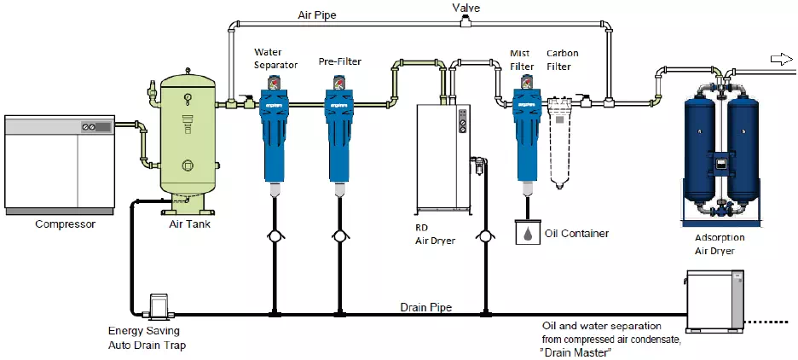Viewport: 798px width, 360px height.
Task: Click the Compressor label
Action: (x=65, y=224)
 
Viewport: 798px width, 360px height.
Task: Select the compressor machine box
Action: (x=60, y=163)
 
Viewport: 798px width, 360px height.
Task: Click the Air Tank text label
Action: (x=186, y=224)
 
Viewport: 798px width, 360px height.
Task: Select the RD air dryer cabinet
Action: (x=442, y=159)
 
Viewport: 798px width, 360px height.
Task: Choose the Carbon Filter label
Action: (x=563, y=59)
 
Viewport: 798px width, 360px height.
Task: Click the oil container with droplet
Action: (x=529, y=233)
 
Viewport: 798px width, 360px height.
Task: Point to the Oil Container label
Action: (x=575, y=233)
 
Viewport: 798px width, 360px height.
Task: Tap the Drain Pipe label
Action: (x=426, y=307)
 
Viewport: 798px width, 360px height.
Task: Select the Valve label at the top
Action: (x=466, y=7)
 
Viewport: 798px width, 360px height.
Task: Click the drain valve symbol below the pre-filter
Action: (x=339, y=235)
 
